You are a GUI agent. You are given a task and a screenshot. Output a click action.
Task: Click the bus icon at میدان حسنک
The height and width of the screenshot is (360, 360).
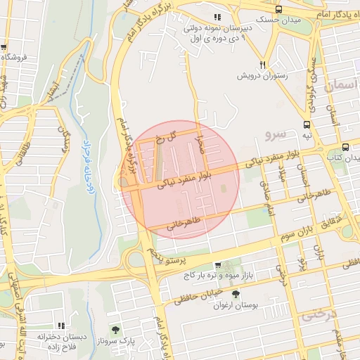pyautogui.click(x=279, y=9)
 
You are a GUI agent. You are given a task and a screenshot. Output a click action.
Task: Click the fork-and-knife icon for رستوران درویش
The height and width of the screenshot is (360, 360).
pyautogui.click(x=262, y=62)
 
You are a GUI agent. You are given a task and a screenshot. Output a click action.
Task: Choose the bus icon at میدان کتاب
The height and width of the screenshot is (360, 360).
pyautogui.click(x=345, y=147)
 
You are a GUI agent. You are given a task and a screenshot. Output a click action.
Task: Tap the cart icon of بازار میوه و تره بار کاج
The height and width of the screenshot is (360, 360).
pyautogui.click(x=217, y=265)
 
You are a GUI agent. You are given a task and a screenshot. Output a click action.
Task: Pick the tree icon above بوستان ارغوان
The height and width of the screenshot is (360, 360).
pyautogui.click(x=235, y=294)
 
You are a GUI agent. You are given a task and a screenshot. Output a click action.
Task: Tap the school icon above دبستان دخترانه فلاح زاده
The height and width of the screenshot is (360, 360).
pyautogui.click(x=62, y=326)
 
